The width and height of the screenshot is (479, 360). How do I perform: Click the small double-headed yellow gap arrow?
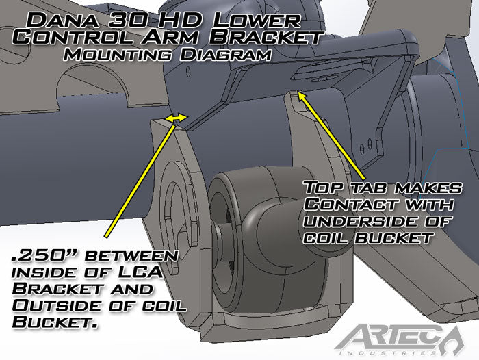tap(178, 118)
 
